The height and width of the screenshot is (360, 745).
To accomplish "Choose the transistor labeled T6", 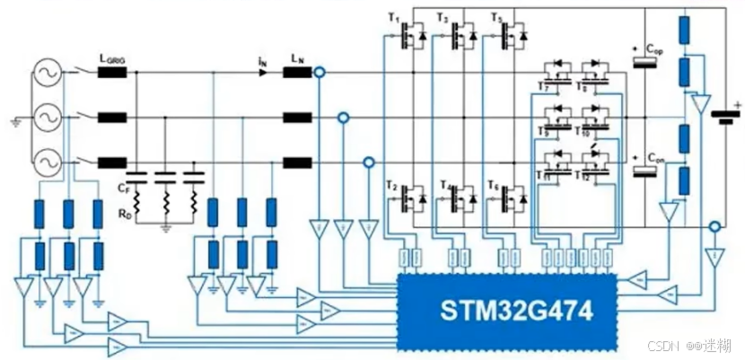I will tap(512, 194).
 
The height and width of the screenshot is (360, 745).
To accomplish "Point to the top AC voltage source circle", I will tap(46, 73).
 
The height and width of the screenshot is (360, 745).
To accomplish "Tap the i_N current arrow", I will tap(262, 72).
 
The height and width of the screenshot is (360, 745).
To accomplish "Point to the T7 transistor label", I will tap(541, 84).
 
